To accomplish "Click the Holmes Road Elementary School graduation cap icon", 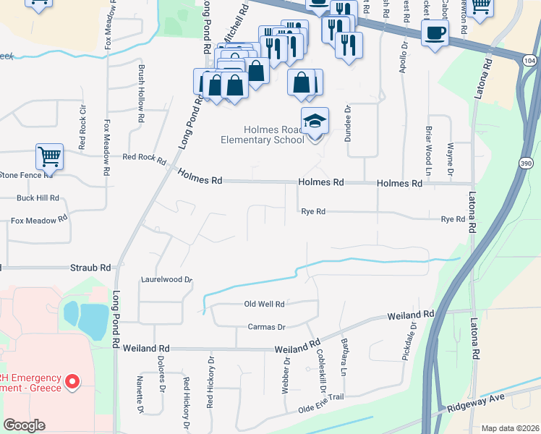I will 315,121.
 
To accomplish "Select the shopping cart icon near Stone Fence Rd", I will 49,156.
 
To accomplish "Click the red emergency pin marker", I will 72,381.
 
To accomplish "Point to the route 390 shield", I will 524,164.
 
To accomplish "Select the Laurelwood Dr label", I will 167,279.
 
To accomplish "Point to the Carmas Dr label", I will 267,327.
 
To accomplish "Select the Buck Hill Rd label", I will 38,197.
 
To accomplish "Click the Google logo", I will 24,425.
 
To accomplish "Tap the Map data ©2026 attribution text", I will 510,428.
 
